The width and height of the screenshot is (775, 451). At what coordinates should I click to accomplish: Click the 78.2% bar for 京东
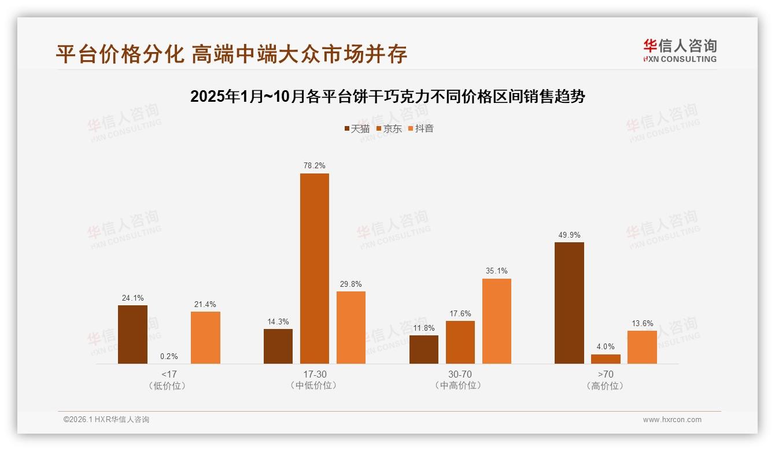tap(314, 268)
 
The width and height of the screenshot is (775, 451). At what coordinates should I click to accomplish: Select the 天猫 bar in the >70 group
tap(569, 303)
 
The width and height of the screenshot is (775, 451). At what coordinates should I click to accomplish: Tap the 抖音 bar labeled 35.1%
tap(496, 321)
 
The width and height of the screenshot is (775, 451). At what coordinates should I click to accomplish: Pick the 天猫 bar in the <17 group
tap(132, 334)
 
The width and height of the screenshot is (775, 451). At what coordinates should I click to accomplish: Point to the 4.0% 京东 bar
tap(606, 359)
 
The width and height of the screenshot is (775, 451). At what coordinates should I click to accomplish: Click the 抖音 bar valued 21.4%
tap(205, 338)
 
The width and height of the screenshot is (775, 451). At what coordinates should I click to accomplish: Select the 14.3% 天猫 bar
tap(278, 346)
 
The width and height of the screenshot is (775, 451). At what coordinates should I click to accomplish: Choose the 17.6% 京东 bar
tap(460, 342)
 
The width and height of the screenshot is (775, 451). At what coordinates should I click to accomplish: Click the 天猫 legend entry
tap(357, 128)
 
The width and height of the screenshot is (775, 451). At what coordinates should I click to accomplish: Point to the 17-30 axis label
tap(315, 374)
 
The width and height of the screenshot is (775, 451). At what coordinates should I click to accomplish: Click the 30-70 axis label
tap(460, 374)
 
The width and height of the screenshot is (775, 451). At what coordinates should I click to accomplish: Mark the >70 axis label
tap(606, 374)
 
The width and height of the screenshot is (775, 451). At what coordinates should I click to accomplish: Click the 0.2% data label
tap(169, 356)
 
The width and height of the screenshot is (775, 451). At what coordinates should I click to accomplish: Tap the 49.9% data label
tap(569, 235)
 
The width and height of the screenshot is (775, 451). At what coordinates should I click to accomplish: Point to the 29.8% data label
tap(351, 284)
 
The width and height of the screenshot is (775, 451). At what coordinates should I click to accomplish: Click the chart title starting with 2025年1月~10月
tap(387, 97)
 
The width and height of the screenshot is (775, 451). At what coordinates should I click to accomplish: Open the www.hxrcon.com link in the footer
tap(672, 420)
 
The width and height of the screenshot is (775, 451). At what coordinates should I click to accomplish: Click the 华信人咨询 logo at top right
tap(680, 50)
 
